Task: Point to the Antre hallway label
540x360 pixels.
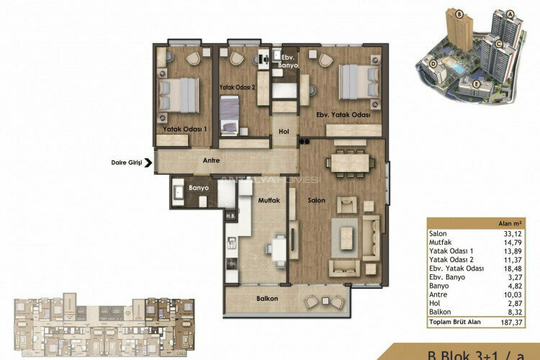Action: (x=211, y=161)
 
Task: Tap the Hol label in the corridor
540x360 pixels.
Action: (x=284, y=132)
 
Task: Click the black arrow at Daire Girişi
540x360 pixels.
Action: (x=148, y=163)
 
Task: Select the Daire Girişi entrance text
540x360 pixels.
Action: (x=127, y=163)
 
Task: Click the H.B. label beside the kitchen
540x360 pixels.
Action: (x=231, y=216)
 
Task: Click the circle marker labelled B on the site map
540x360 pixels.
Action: (x=436, y=12)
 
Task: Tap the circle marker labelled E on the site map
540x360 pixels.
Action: (x=477, y=83)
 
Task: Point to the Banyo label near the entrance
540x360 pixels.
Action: (x=198, y=188)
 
